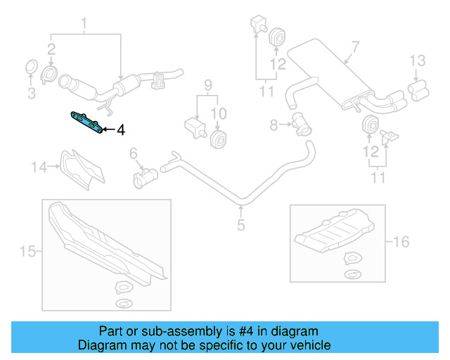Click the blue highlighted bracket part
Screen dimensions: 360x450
pyautogui.click(x=88, y=122)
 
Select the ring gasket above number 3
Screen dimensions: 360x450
pyautogui.click(x=32, y=69)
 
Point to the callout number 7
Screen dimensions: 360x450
pyautogui.click(x=355, y=47)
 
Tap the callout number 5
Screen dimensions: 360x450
pyautogui.click(x=240, y=225)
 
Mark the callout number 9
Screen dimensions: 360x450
pyautogui.click(x=207, y=86)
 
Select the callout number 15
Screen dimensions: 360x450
pyautogui.click(x=27, y=251)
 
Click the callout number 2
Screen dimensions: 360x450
pyautogui.click(x=51, y=49)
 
